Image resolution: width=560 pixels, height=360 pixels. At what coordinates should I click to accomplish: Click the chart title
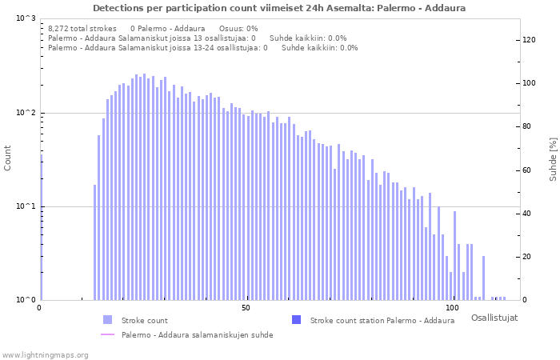tap(279, 8)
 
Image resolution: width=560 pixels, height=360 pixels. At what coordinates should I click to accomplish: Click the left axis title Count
tap(8, 158)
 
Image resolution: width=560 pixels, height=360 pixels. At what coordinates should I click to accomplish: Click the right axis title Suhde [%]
tap(552, 158)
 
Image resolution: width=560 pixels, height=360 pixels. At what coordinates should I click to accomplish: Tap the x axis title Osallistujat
tap(494, 318)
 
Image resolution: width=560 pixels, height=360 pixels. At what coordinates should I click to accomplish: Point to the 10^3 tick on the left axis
tap(25, 18)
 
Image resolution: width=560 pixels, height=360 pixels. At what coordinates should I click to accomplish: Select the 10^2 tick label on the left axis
tap(25, 113)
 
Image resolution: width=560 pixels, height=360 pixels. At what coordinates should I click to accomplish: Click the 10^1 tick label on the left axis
tap(25, 206)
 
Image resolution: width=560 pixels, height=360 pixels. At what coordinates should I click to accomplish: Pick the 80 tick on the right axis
tap(528, 126)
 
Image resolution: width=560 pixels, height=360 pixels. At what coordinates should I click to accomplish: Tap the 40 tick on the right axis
tap(528, 214)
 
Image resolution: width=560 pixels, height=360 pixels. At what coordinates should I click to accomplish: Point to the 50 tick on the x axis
tap(246, 308)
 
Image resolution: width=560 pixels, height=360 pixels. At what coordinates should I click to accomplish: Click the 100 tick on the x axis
tap(453, 308)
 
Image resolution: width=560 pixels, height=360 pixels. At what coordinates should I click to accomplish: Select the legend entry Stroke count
tap(144, 320)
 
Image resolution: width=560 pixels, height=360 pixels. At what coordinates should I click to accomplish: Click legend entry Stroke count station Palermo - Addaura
tap(382, 320)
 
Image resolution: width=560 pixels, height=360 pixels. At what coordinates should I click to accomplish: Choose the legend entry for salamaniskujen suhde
tap(197, 334)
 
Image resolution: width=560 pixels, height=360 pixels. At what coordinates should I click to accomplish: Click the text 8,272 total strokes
tap(82, 28)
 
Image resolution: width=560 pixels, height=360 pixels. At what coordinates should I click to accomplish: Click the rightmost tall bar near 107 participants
tap(483, 278)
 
